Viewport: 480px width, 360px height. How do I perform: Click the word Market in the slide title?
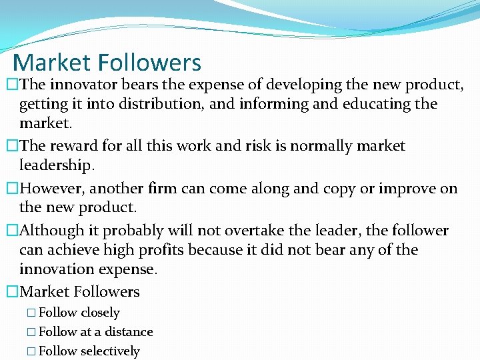coord(51,63)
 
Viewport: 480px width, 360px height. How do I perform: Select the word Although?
coord(53,231)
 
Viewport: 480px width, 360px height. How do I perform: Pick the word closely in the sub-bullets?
coord(100,312)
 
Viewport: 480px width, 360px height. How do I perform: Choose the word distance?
coord(129,331)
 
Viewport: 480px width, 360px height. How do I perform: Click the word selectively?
coord(110,351)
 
